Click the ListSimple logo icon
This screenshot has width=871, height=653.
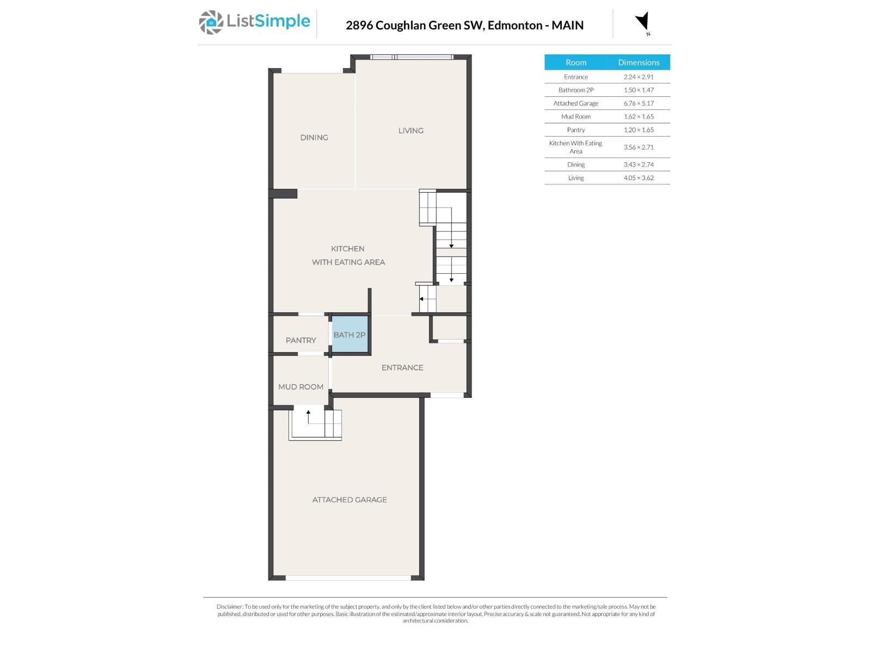tap(211, 22)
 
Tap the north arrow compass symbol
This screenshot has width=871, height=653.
tap(642, 22)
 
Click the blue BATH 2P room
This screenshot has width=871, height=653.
tap(349, 335)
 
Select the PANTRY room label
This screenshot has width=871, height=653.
tap(300, 340)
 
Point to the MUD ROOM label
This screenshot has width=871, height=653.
tap(300, 387)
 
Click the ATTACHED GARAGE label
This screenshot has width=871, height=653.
tap(349, 500)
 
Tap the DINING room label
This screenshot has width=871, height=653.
tap(314, 138)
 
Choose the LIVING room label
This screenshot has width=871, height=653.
tap(410, 131)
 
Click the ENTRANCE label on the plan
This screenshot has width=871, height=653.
tap(402, 368)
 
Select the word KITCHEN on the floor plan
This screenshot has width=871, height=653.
tap(347, 249)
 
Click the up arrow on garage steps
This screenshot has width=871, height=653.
tap(308, 416)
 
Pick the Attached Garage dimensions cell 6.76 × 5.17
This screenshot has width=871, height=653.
tap(639, 103)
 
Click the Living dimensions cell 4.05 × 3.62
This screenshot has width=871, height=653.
tap(639, 178)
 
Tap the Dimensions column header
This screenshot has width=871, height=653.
tap(639, 63)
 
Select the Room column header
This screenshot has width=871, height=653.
tap(575, 63)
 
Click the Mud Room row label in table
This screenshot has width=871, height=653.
tap(575, 116)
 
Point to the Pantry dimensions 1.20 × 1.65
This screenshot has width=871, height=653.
tap(639, 130)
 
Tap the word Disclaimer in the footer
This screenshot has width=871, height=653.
tap(229, 607)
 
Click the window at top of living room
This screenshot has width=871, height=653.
tap(412, 57)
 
